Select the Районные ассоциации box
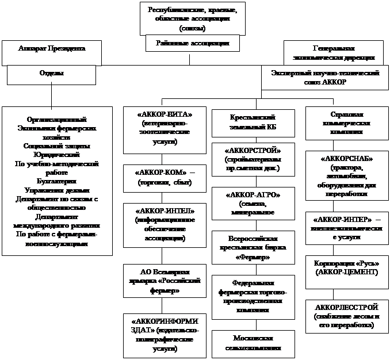tap(192, 44)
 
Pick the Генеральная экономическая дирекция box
tap(337, 53)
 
